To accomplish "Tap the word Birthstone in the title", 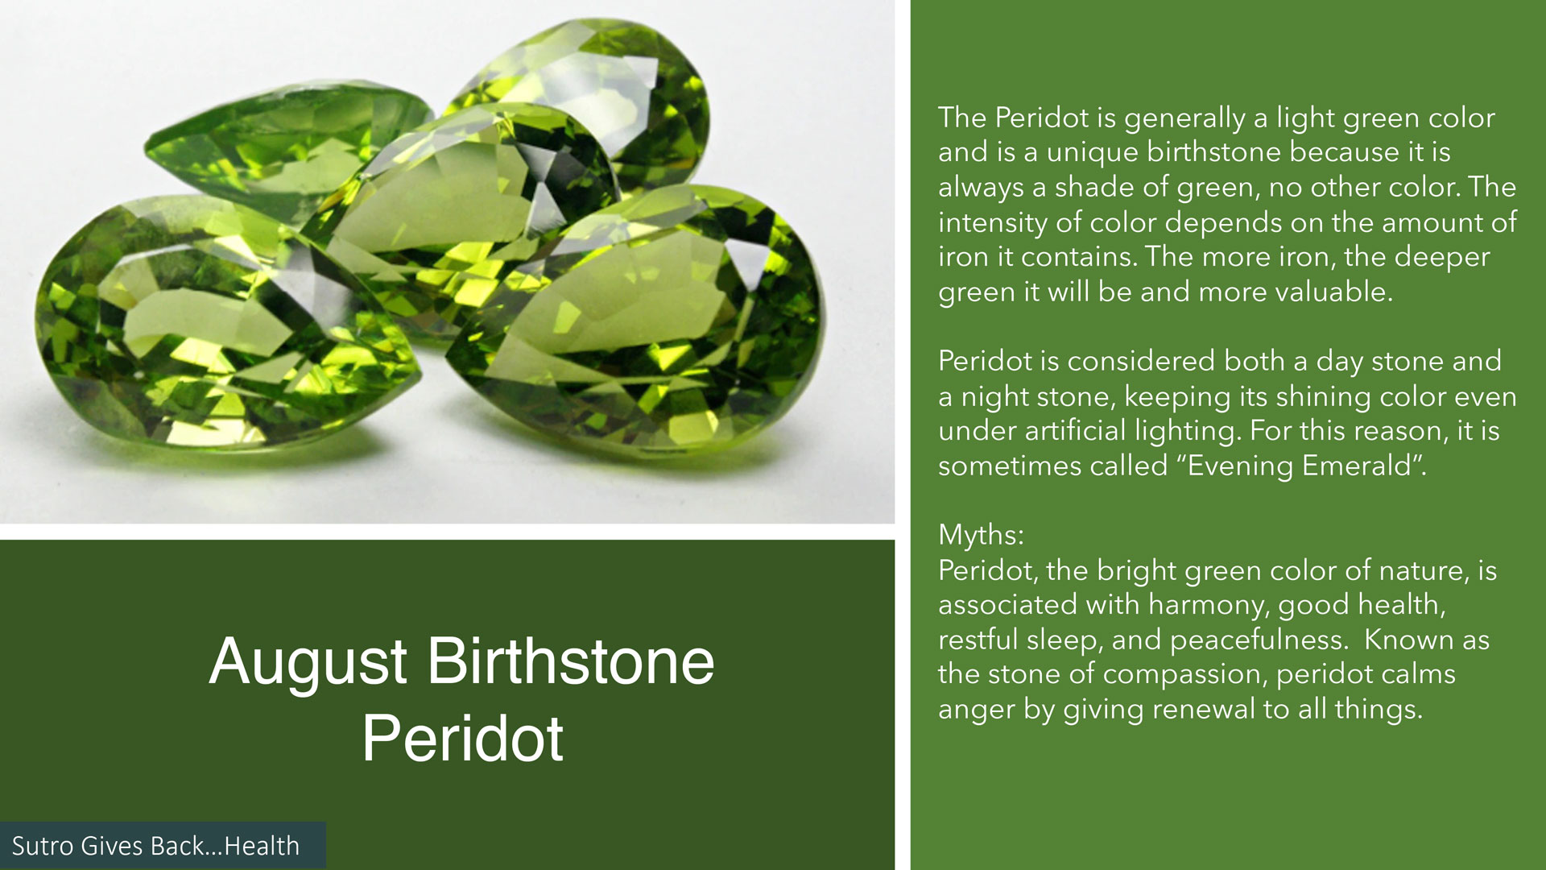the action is point(571,662).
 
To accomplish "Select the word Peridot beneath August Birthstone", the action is point(462,738).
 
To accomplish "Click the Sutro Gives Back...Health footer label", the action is point(155,846).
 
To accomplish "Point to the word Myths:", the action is point(981,536).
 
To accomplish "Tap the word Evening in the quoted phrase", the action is point(1239,466).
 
